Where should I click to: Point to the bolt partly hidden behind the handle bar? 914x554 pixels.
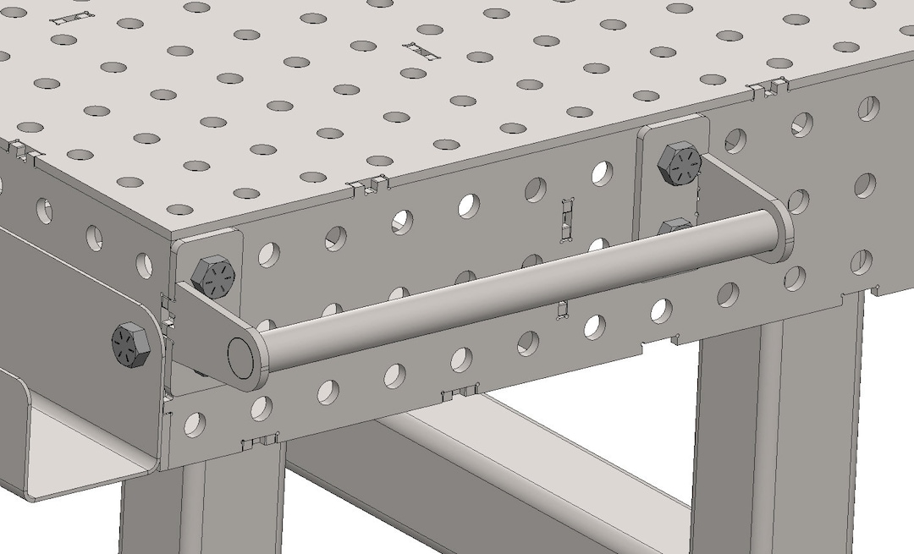point(675,227)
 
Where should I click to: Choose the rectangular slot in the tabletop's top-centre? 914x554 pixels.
point(423,50)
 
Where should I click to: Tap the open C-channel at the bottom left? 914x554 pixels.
point(76,448)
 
